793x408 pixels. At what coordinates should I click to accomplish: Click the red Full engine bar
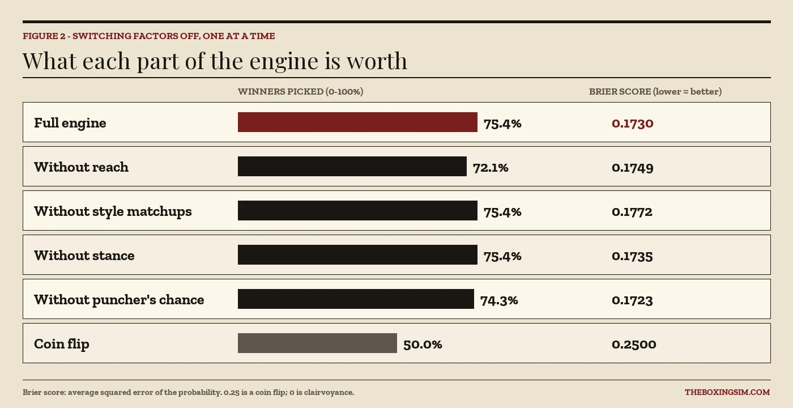357,122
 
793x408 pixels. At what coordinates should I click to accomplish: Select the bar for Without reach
352,167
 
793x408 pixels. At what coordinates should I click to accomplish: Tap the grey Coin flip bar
317,343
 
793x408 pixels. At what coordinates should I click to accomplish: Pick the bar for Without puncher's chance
356,299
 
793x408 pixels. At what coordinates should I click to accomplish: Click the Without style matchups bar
357,211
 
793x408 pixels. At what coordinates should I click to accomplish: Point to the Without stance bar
357,254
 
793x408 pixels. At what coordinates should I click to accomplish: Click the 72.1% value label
491,168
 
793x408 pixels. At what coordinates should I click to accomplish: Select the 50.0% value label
423,345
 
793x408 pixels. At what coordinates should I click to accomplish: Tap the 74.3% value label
499,300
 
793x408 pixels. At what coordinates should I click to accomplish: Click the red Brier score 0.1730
633,124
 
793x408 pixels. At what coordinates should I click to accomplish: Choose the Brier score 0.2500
634,345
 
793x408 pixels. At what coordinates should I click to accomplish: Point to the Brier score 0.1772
632,212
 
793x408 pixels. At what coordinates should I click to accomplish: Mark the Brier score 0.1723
632,300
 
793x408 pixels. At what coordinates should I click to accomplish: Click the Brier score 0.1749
633,168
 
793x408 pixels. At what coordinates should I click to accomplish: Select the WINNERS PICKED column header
301,92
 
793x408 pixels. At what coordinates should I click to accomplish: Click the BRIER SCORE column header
655,92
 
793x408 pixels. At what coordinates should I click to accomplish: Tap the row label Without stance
84,256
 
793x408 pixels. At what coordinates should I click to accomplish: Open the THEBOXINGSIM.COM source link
727,392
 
